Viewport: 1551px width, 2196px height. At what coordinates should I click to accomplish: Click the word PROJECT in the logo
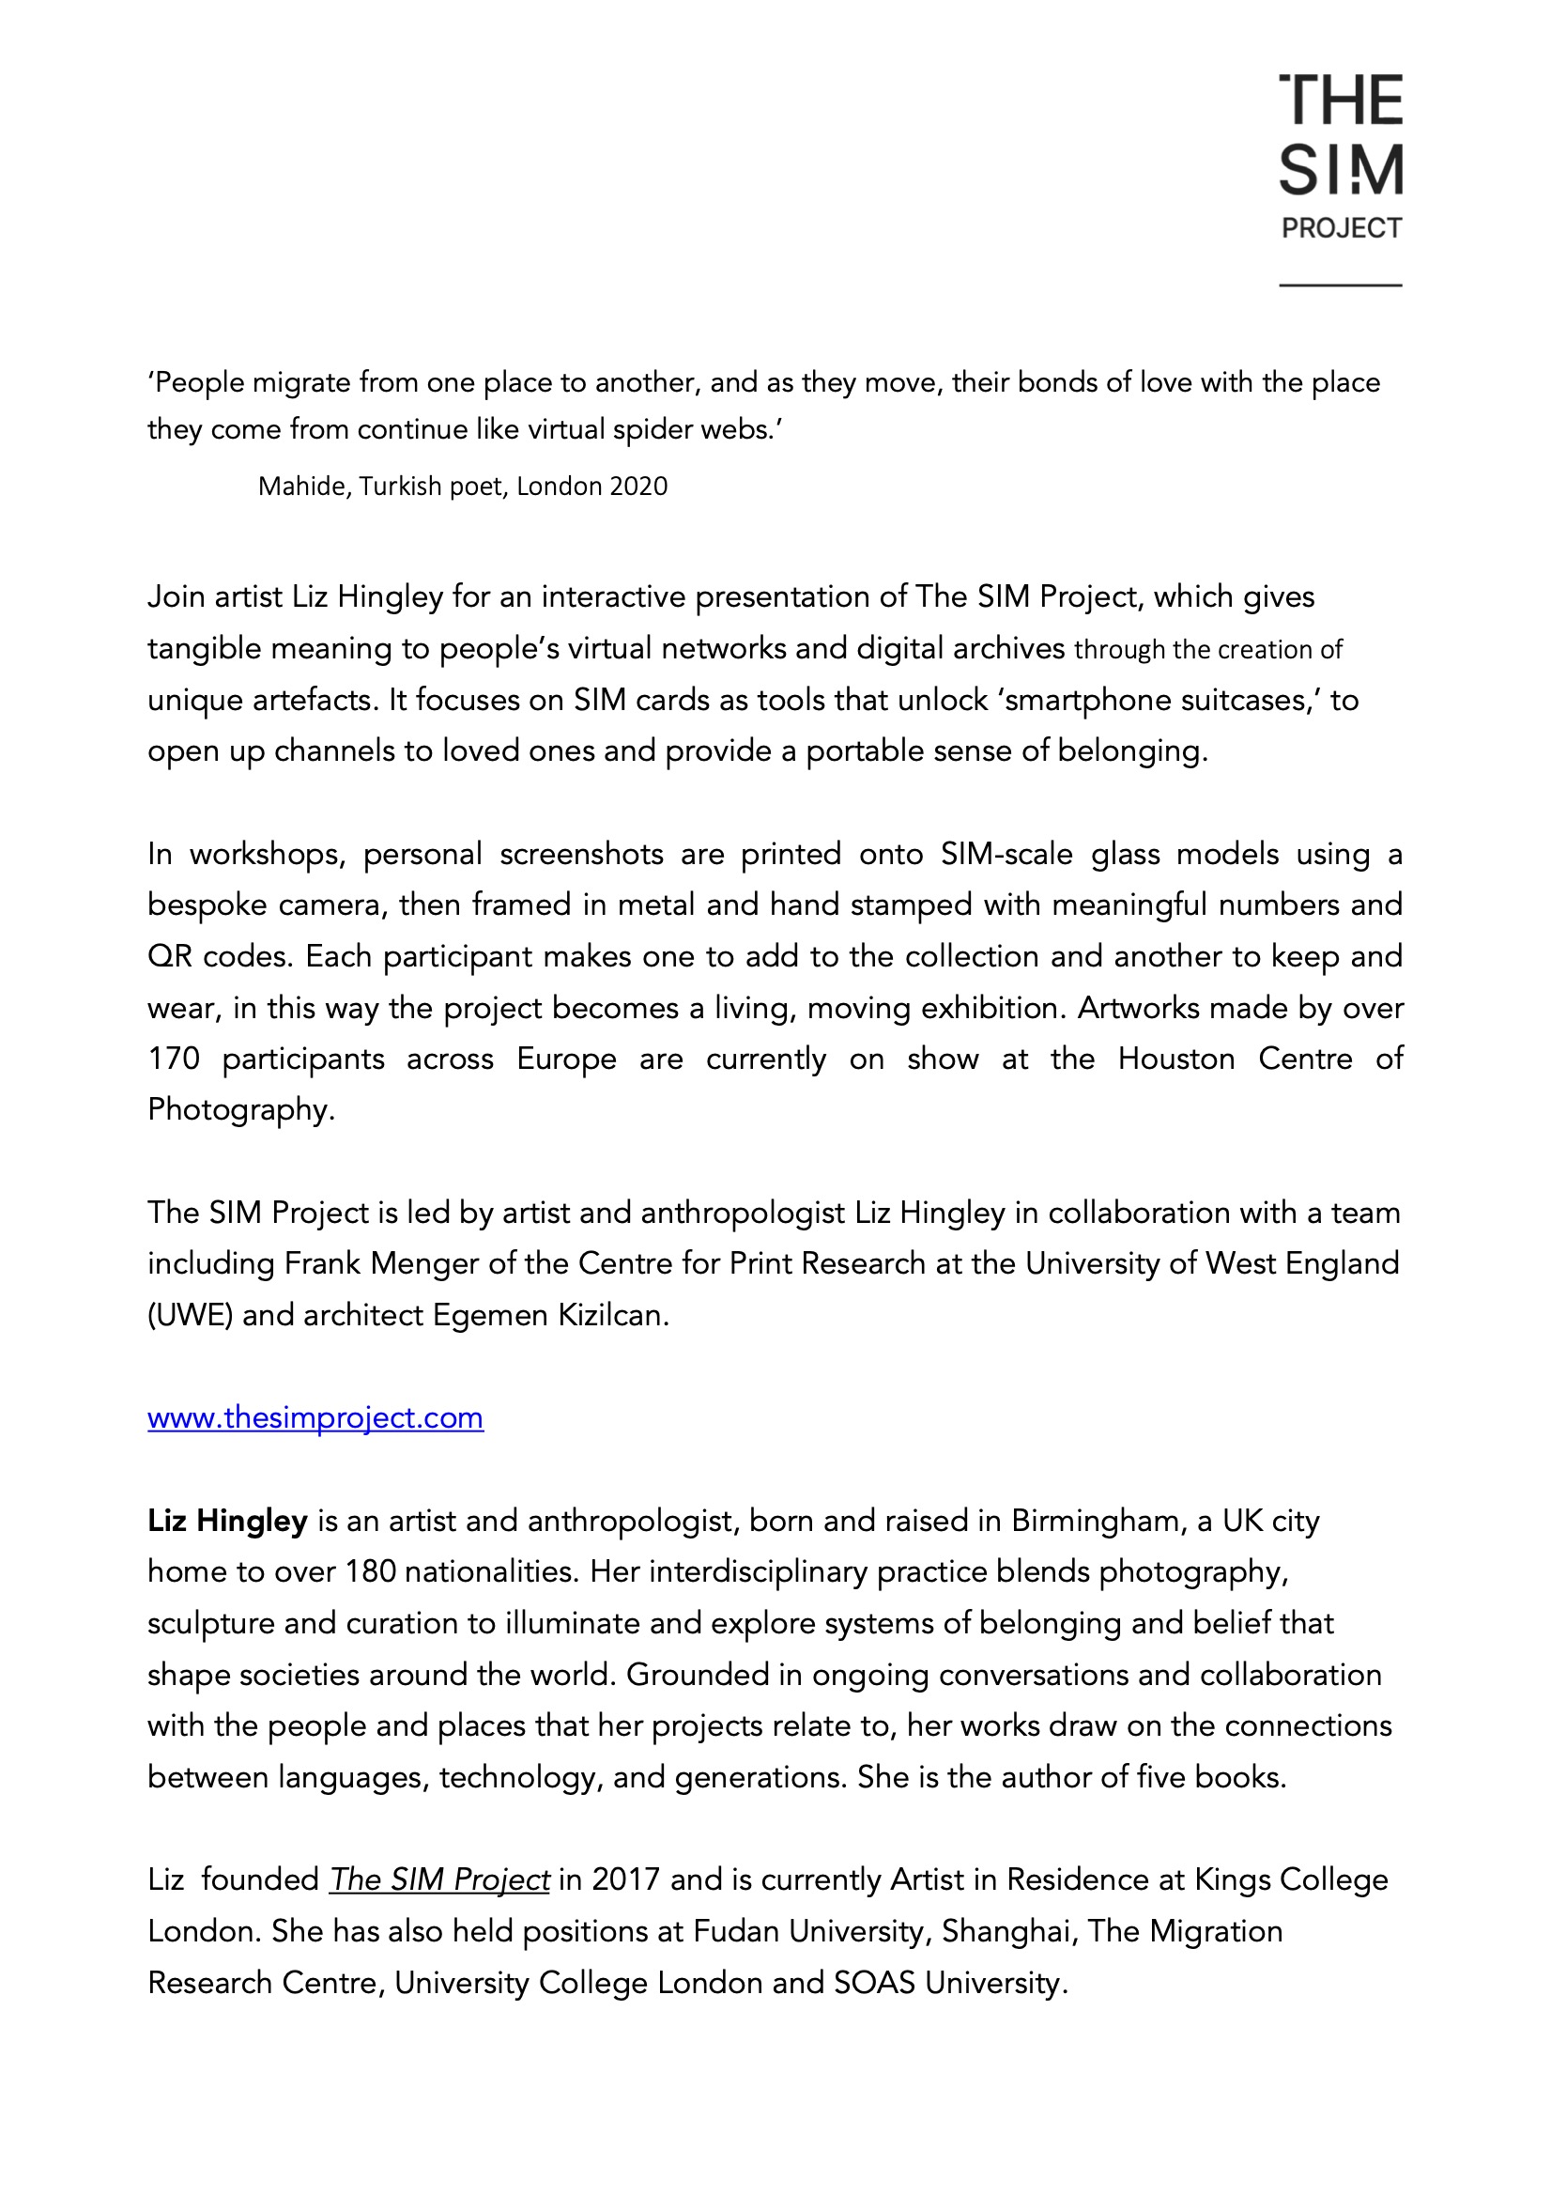1341,228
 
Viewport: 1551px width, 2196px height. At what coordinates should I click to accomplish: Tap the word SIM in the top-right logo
1341,171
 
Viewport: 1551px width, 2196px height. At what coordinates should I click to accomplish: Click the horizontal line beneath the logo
1341,285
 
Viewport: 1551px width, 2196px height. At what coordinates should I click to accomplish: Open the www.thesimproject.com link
315,1417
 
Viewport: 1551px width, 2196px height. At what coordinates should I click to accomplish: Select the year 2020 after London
637,487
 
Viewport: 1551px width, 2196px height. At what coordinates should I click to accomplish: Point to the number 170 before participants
173,1059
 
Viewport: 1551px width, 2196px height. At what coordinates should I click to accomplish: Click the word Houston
1176,1059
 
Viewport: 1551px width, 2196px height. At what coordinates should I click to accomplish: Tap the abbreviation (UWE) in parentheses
190,1315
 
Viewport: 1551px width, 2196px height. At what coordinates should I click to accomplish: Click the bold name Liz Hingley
227,1521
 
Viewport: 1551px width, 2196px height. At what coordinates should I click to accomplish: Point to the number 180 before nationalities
370,1571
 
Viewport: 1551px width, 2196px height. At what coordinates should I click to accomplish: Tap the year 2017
625,1879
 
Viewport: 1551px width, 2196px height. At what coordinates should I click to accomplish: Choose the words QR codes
219,956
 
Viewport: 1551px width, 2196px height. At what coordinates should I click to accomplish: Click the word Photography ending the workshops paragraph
240,1109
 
